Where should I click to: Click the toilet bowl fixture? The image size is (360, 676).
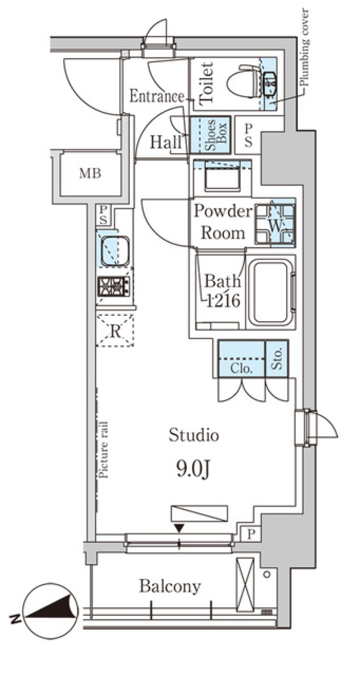[243, 83]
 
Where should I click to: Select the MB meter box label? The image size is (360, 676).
[90, 173]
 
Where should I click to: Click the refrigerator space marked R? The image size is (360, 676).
[115, 330]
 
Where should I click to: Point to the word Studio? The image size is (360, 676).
[193, 435]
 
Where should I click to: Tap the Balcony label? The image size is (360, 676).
[170, 586]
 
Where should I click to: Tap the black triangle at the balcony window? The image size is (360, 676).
[179, 528]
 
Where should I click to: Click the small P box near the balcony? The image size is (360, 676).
[250, 534]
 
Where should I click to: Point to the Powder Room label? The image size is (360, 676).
[223, 222]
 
